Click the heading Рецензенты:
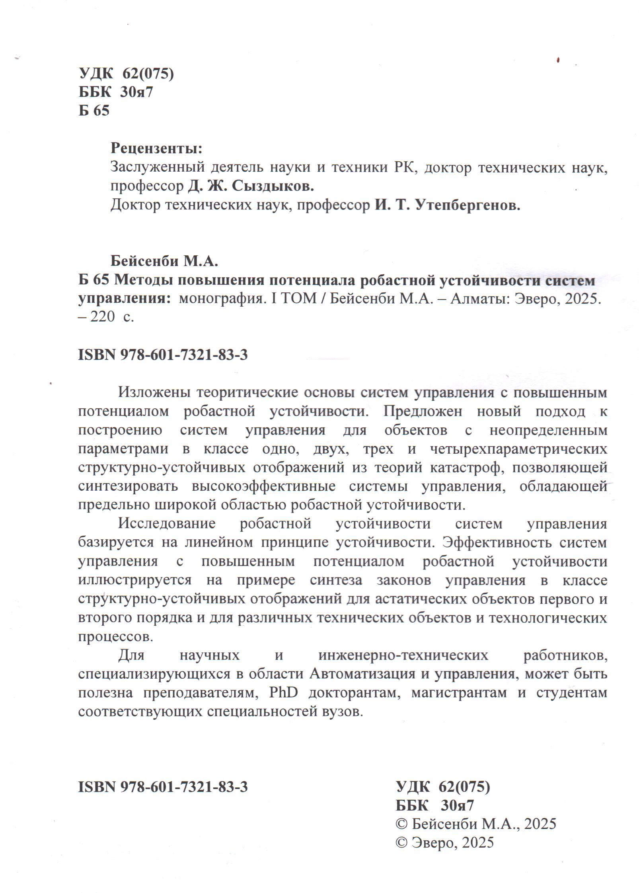point(156,149)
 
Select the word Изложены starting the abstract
point(154,393)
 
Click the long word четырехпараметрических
point(519,449)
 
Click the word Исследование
point(167,524)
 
